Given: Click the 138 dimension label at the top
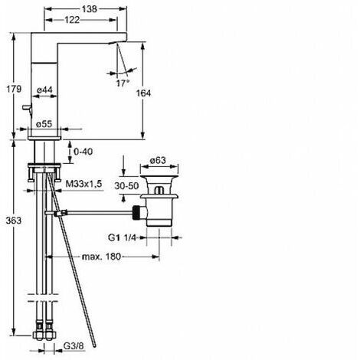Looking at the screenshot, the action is [90, 9].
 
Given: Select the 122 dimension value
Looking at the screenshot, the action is [72, 20].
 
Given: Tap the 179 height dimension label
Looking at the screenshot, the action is [14, 89].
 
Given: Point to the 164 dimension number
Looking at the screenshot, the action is [143, 93].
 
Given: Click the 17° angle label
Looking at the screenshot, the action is [123, 83].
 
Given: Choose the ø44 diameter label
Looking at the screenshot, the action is [44, 90].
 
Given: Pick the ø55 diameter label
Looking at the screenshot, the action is [44, 124].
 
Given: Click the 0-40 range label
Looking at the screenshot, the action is [83, 152].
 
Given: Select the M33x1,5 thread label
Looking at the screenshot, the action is [83, 184].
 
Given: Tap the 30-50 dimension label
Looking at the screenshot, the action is [126, 186].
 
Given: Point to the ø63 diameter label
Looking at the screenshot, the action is [158, 160].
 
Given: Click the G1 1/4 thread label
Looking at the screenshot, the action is [122, 237].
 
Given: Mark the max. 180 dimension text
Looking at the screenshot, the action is [101, 257].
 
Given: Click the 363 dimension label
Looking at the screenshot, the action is [14, 221].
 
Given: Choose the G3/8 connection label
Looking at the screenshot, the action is [74, 346].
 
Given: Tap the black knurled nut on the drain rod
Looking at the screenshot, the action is [136, 212].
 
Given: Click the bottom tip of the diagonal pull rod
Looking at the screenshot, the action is [95, 346].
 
